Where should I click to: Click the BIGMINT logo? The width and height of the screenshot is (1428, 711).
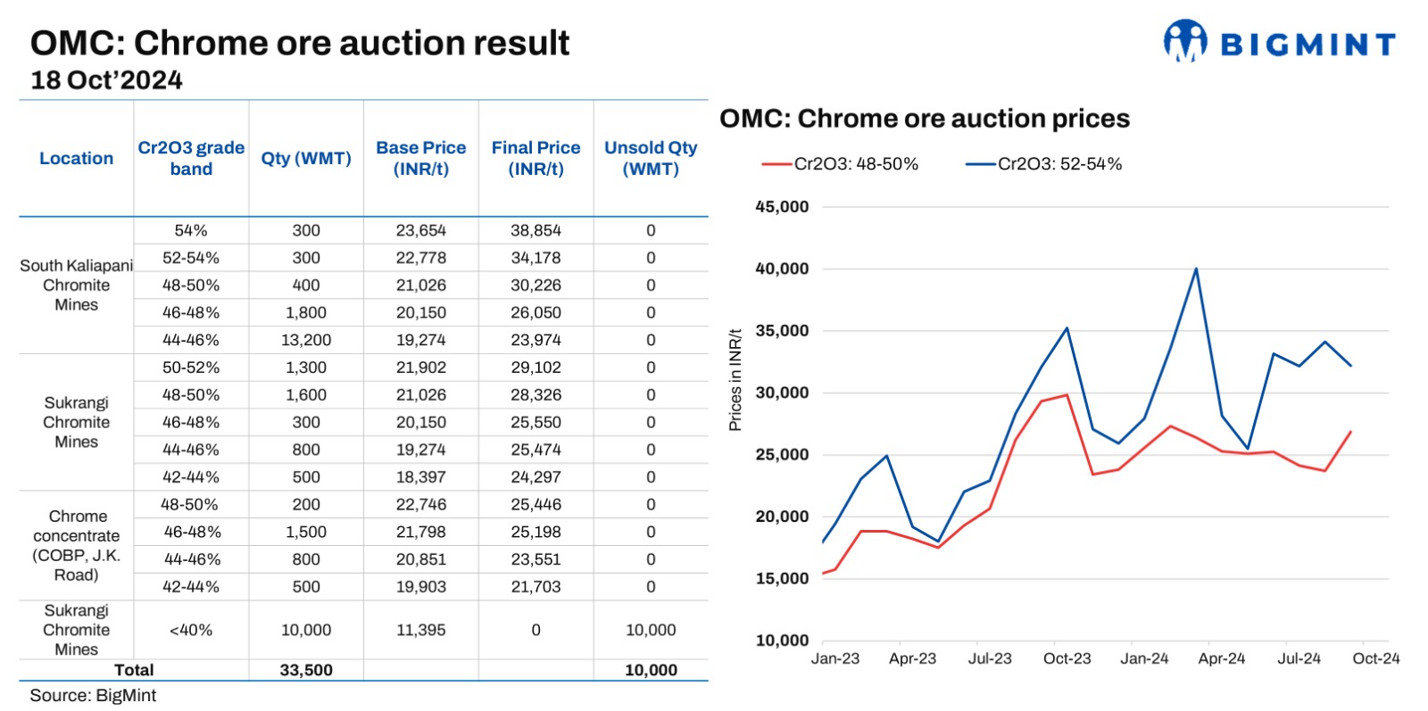tap(1279, 42)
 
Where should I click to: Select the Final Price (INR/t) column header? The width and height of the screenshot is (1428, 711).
tap(535, 158)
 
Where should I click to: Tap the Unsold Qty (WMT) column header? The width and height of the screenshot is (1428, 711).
tap(651, 158)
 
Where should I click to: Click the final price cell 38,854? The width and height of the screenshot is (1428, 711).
tap(535, 230)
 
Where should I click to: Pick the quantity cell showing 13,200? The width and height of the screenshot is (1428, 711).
tap(306, 340)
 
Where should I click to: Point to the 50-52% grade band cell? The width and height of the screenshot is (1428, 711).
tap(191, 368)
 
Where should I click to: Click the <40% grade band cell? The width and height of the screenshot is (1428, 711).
tap(191, 630)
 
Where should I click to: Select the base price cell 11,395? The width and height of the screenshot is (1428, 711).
tap(420, 630)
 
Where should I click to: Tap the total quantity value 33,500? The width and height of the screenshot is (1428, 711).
tap(306, 670)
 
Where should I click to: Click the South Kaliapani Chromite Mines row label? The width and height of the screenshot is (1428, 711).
tap(77, 285)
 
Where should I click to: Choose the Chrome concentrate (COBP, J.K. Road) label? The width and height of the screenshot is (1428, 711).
tap(77, 545)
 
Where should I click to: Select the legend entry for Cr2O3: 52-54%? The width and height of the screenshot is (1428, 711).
tap(1043, 164)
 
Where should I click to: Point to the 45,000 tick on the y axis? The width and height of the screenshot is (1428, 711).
tap(782, 207)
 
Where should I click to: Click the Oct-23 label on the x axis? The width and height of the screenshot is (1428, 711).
tap(1067, 658)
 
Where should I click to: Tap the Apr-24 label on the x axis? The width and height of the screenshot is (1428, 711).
tap(1221, 658)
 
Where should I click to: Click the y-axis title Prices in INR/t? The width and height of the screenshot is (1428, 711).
tap(735, 380)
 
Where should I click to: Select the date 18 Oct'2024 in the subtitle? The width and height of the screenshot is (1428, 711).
tap(106, 80)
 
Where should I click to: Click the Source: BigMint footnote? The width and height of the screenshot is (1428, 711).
tap(93, 696)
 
